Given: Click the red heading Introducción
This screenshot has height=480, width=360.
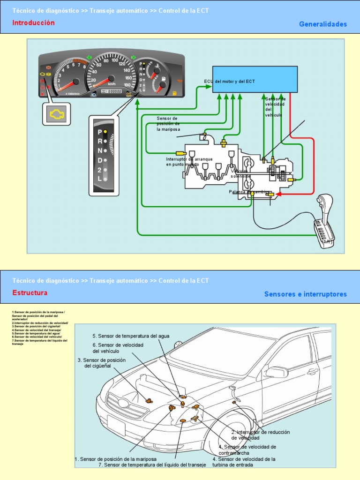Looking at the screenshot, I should click(33, 23).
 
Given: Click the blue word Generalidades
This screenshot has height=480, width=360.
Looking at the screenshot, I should click(323, 24).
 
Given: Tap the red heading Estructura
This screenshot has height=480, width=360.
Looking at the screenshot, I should click(30, 293).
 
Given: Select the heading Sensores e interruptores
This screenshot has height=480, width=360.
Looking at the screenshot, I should click(305, 294).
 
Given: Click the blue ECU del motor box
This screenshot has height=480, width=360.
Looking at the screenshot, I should click(255, 79).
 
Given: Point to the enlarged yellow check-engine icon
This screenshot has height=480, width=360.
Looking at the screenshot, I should click(57, 114).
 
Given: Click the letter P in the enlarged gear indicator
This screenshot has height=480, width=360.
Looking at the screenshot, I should click(100, 132).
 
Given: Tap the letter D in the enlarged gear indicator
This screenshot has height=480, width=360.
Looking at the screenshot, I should click(100, 160).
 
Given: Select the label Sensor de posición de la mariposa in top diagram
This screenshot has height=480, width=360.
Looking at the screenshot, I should click(168, 124).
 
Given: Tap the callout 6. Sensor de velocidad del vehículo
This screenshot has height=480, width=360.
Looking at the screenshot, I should click(118, 348).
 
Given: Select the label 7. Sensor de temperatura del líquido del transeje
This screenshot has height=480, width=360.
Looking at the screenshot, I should click(152, 465).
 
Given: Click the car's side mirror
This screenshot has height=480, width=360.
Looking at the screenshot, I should click(277, 372).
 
